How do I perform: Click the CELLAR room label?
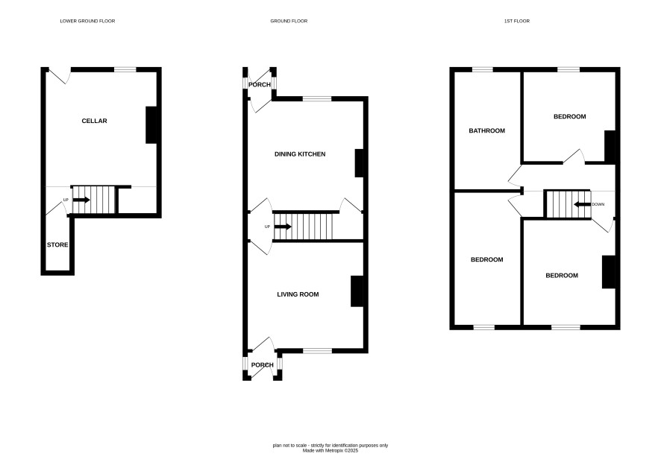point(94,121)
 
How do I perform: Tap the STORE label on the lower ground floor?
point(57,244)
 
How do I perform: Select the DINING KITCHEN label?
point(300,154)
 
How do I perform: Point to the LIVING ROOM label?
point(298,294)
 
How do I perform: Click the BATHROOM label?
point(487,130)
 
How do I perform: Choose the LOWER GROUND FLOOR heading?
point(87,21)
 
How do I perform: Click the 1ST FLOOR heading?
point(517,21)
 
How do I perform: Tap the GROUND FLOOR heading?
point(289,21)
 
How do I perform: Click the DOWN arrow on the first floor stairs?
point(582,205)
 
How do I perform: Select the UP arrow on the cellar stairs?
point(81,200)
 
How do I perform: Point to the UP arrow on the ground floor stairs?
point(283,227)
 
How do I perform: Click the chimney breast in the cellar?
point(151,125)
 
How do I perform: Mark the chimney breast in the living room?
point(357,291)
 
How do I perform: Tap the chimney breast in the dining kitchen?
point(359,163)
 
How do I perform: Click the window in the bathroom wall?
point(482,69)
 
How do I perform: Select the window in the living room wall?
point(317,351)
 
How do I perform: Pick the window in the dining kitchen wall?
point(317,99)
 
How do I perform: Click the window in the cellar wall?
point(125,69)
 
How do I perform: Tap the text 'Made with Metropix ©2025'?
point(330,450)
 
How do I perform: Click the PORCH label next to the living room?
point(262,365)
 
